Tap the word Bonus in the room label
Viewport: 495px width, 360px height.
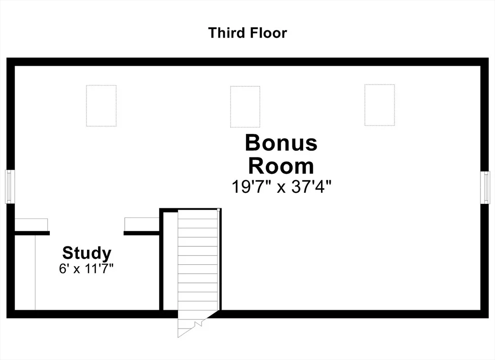pos(281,143)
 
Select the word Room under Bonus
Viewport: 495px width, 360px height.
pos(281,166)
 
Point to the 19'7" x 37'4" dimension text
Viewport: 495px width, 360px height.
pos(281,187)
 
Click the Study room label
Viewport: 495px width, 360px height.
pos(87,253)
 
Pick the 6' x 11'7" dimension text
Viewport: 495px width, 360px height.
pos(86,269)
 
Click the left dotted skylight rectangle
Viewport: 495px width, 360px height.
pos(102,106)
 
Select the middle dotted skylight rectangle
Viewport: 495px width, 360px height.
pos(245,107)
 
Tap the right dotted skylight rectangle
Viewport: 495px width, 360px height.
pos(380,105)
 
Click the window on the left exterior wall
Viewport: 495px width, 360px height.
pos(10,187)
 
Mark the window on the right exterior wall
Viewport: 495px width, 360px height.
pos(485,187)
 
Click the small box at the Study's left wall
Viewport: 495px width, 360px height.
pos(31,225)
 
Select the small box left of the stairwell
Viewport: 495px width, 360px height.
pos(142,224)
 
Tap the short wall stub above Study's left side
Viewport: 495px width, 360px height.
pos(32,233)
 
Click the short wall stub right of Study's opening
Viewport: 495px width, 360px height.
pos(142,233)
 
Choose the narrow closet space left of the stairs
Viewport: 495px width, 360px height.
pos(171,261)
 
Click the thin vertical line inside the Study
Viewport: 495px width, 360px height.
pos(35,273)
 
